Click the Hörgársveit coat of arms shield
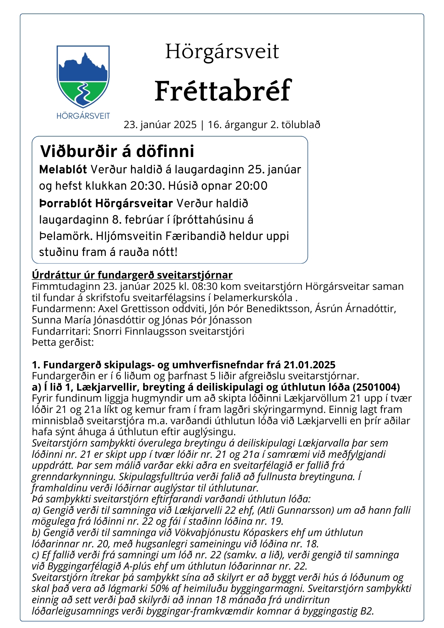[83, 77]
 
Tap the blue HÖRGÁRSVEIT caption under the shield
[83, 116]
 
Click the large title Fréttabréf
[223, 91]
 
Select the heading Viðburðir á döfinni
[117, 151]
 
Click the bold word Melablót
[63, 170]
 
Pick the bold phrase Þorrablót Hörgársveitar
[106, 203]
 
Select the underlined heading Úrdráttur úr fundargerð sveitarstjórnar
[132, 275]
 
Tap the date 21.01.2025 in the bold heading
[310, 365]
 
